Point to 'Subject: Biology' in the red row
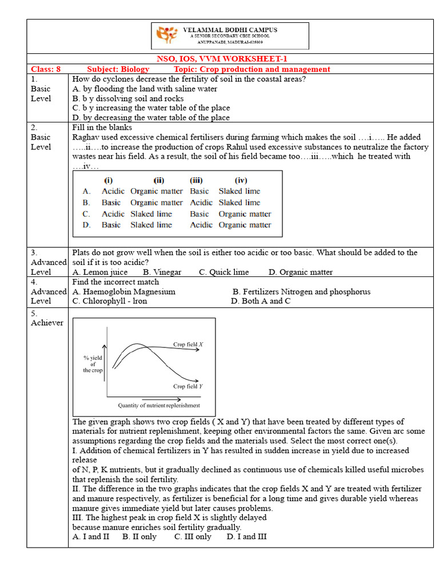(x=118, y=69)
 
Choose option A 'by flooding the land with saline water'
(x=145, y=89)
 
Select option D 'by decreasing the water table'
(x=151, y=117)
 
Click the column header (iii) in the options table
(x=197, y=180)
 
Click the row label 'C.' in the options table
(x=87, y=214)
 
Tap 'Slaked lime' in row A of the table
(x=239, y=191)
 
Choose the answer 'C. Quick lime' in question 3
(x=224, y=272)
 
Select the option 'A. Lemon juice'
(x=100, y=272)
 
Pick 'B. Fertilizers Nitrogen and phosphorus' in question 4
(x=302, y=291)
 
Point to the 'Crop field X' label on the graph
(x=189, y=345)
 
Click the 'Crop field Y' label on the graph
(x=188, y=386)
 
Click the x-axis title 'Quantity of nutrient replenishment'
(x=159, y=406)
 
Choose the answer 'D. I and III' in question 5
(x=246, y=536)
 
